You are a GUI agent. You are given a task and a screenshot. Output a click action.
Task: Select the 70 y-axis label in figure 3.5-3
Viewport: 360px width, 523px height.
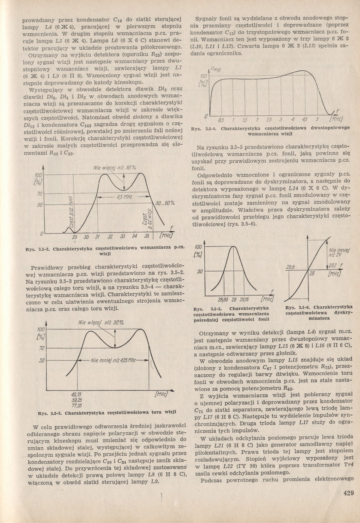(x=41, y=348)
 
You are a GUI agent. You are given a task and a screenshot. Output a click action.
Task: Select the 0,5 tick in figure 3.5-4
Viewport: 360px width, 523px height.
(x=221, y=121)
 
